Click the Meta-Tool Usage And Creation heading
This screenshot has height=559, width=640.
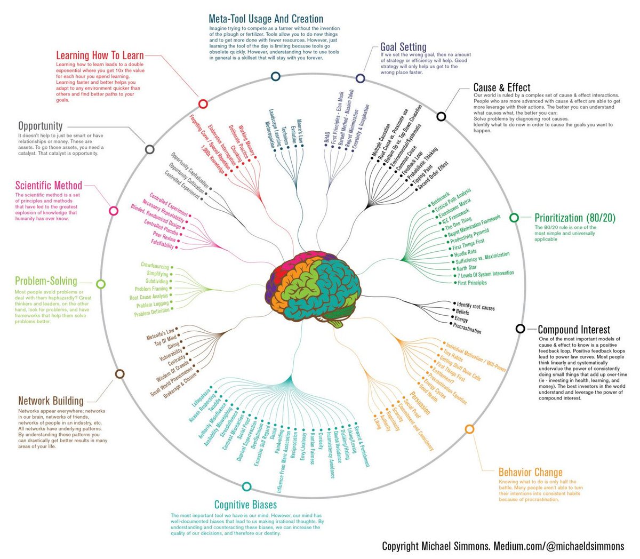(266, 19)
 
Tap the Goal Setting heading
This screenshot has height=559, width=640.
(403, 47)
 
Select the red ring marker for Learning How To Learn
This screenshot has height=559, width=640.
(202, 104)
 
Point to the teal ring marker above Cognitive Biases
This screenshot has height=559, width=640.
(246, 486)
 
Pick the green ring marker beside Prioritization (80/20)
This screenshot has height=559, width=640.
(514, 218)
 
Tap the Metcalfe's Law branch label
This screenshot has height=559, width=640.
(161, 334)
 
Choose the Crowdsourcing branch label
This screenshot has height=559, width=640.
(155, 266)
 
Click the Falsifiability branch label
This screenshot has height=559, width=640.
(162, 245)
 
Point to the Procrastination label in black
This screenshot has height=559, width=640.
(467, 328)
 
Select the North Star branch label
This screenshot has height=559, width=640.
(466, 267)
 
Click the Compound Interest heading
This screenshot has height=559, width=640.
(574, 330)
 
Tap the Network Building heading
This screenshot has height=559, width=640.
(51, 401)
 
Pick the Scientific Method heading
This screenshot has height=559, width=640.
(49, 186)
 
